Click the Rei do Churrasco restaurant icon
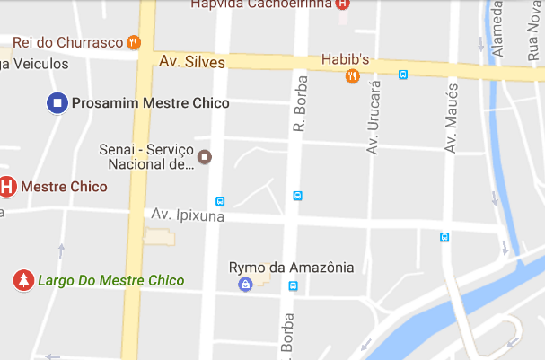point(134,41)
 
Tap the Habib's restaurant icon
point(353,75)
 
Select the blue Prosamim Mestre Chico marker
point(57,103)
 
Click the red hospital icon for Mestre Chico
point(7,187)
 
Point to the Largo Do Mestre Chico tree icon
point(22,281)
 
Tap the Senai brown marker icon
point(205,157)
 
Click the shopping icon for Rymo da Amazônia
point(244,285)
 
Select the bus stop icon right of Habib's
point(404,75)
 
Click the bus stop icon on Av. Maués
point(444,237)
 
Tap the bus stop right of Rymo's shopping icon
point(293,286)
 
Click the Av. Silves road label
point(191,62)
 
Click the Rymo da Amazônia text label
point(291,267)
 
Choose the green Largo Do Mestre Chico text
point(110,281)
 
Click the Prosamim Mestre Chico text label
point(150,103)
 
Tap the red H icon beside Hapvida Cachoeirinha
point(341,4)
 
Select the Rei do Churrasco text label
point(66,41)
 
